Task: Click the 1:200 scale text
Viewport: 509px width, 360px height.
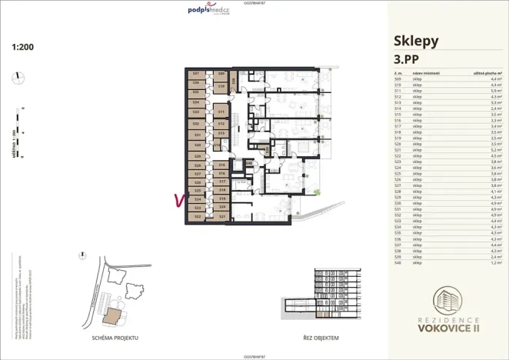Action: coord(23,46)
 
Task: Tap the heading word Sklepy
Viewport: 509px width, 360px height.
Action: coord(416,41)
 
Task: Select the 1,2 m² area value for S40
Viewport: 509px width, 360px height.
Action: coord(495,263)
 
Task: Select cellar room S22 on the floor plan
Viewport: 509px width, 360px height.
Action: coord(197,217)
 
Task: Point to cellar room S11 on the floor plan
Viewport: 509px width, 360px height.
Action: coord(221,112)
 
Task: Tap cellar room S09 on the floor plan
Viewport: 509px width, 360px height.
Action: coord(221,74)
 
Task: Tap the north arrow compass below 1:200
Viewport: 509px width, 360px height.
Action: coord(18,76)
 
